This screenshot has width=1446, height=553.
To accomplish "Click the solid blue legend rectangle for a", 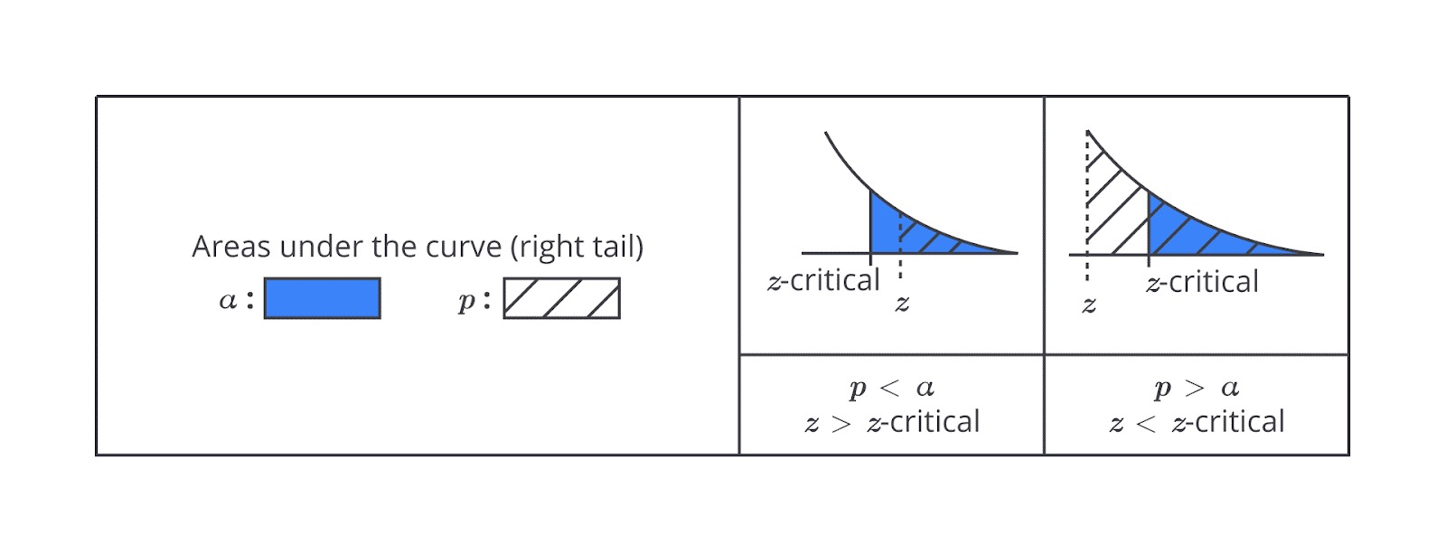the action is tap(322, 298).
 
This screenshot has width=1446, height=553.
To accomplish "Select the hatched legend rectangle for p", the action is tap(561, 298).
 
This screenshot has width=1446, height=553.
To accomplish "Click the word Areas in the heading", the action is tap(231, 247).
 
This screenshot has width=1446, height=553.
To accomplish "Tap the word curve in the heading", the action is tap(464, 247).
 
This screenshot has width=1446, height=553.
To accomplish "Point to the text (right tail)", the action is tap(577, 248).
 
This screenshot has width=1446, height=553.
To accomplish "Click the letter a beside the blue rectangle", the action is tap(228, 299).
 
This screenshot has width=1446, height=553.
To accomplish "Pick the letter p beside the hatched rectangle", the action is tap(466, 301).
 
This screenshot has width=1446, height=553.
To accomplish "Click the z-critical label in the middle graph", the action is tap(823, 281).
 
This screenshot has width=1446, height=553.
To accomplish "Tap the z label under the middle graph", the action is tap(902, 303).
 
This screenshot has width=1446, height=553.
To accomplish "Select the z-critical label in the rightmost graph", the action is tap(1202, 282).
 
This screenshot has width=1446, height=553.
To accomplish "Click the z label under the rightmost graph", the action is tap(1089, 304).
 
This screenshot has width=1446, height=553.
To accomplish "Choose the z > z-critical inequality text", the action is tap(891, 422).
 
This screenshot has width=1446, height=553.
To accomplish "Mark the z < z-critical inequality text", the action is tap(1197, 422).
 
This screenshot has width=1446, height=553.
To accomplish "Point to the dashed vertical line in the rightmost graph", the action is tap(1088, 207).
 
